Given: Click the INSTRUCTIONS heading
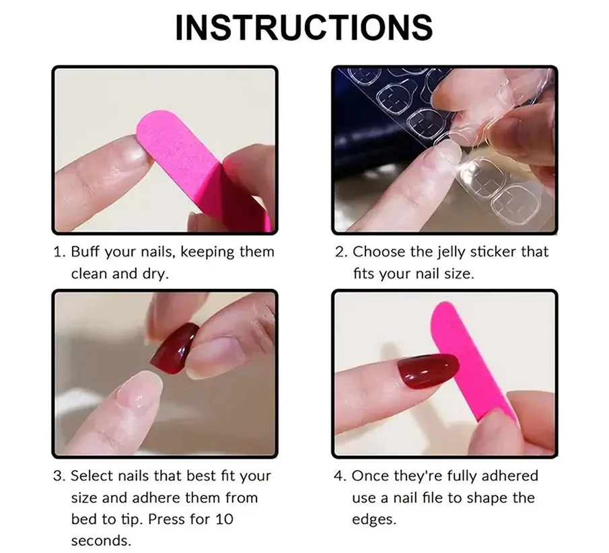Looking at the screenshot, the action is (x=303, y=27).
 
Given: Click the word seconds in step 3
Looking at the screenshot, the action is (x=101, y=541).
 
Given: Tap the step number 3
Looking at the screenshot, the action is (x=59, y=476).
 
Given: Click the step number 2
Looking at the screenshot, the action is (x=341, y=252).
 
